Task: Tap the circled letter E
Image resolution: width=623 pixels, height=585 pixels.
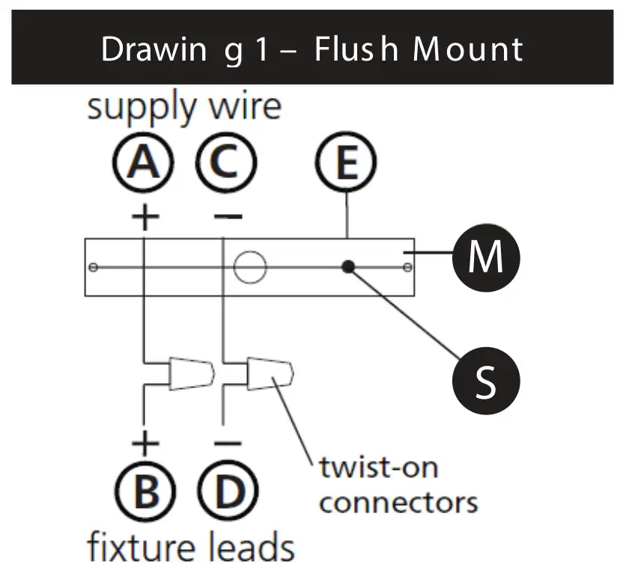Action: click(347, 165)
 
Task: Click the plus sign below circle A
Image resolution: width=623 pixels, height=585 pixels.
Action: click(145, 218)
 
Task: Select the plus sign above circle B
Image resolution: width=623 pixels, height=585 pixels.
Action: click(145, 443)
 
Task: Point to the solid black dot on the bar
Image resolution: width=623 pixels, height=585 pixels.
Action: click(347, 267)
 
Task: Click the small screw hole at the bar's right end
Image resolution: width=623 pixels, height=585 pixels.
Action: click(407, 267)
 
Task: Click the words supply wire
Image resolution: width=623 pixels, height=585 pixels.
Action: click(183, 107)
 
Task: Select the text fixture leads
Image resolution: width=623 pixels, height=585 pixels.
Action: click(191, 547)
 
